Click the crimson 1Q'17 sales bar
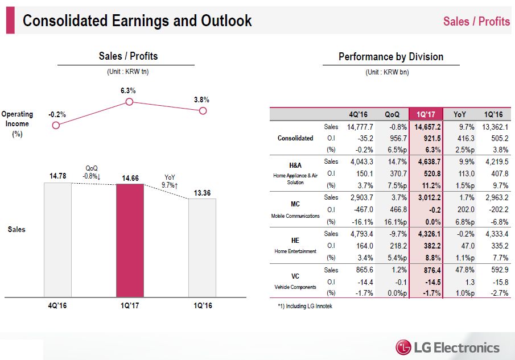point(130,240)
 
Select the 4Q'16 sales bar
point(57,239)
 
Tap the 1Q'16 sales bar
point(202,247)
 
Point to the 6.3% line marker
point(129,102)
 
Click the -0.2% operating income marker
point(56,125)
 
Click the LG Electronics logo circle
point(403,347)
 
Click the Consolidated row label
point(295,138)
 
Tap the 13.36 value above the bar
point(202,193)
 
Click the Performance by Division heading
point(391,57)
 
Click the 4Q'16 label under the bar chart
point(57,305)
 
